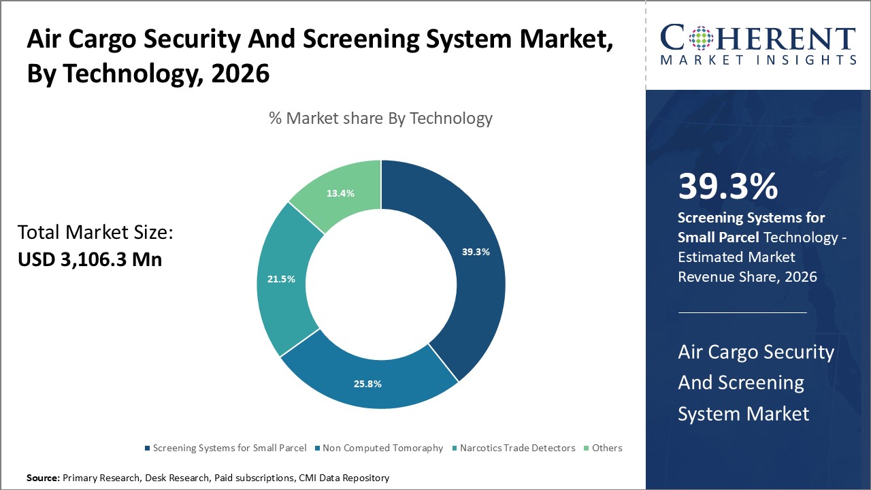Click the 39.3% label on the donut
point(476,252)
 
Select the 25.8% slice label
point(367,384)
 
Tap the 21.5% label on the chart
point(281,279)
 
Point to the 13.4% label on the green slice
point(340,193)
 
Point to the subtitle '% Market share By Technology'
point(380,118)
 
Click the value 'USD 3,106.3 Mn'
point(90,259)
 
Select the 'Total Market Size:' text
point(96,233)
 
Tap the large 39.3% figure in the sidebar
point(727,186)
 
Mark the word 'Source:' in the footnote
point(43,478)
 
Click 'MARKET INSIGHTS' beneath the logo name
point(758,61)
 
